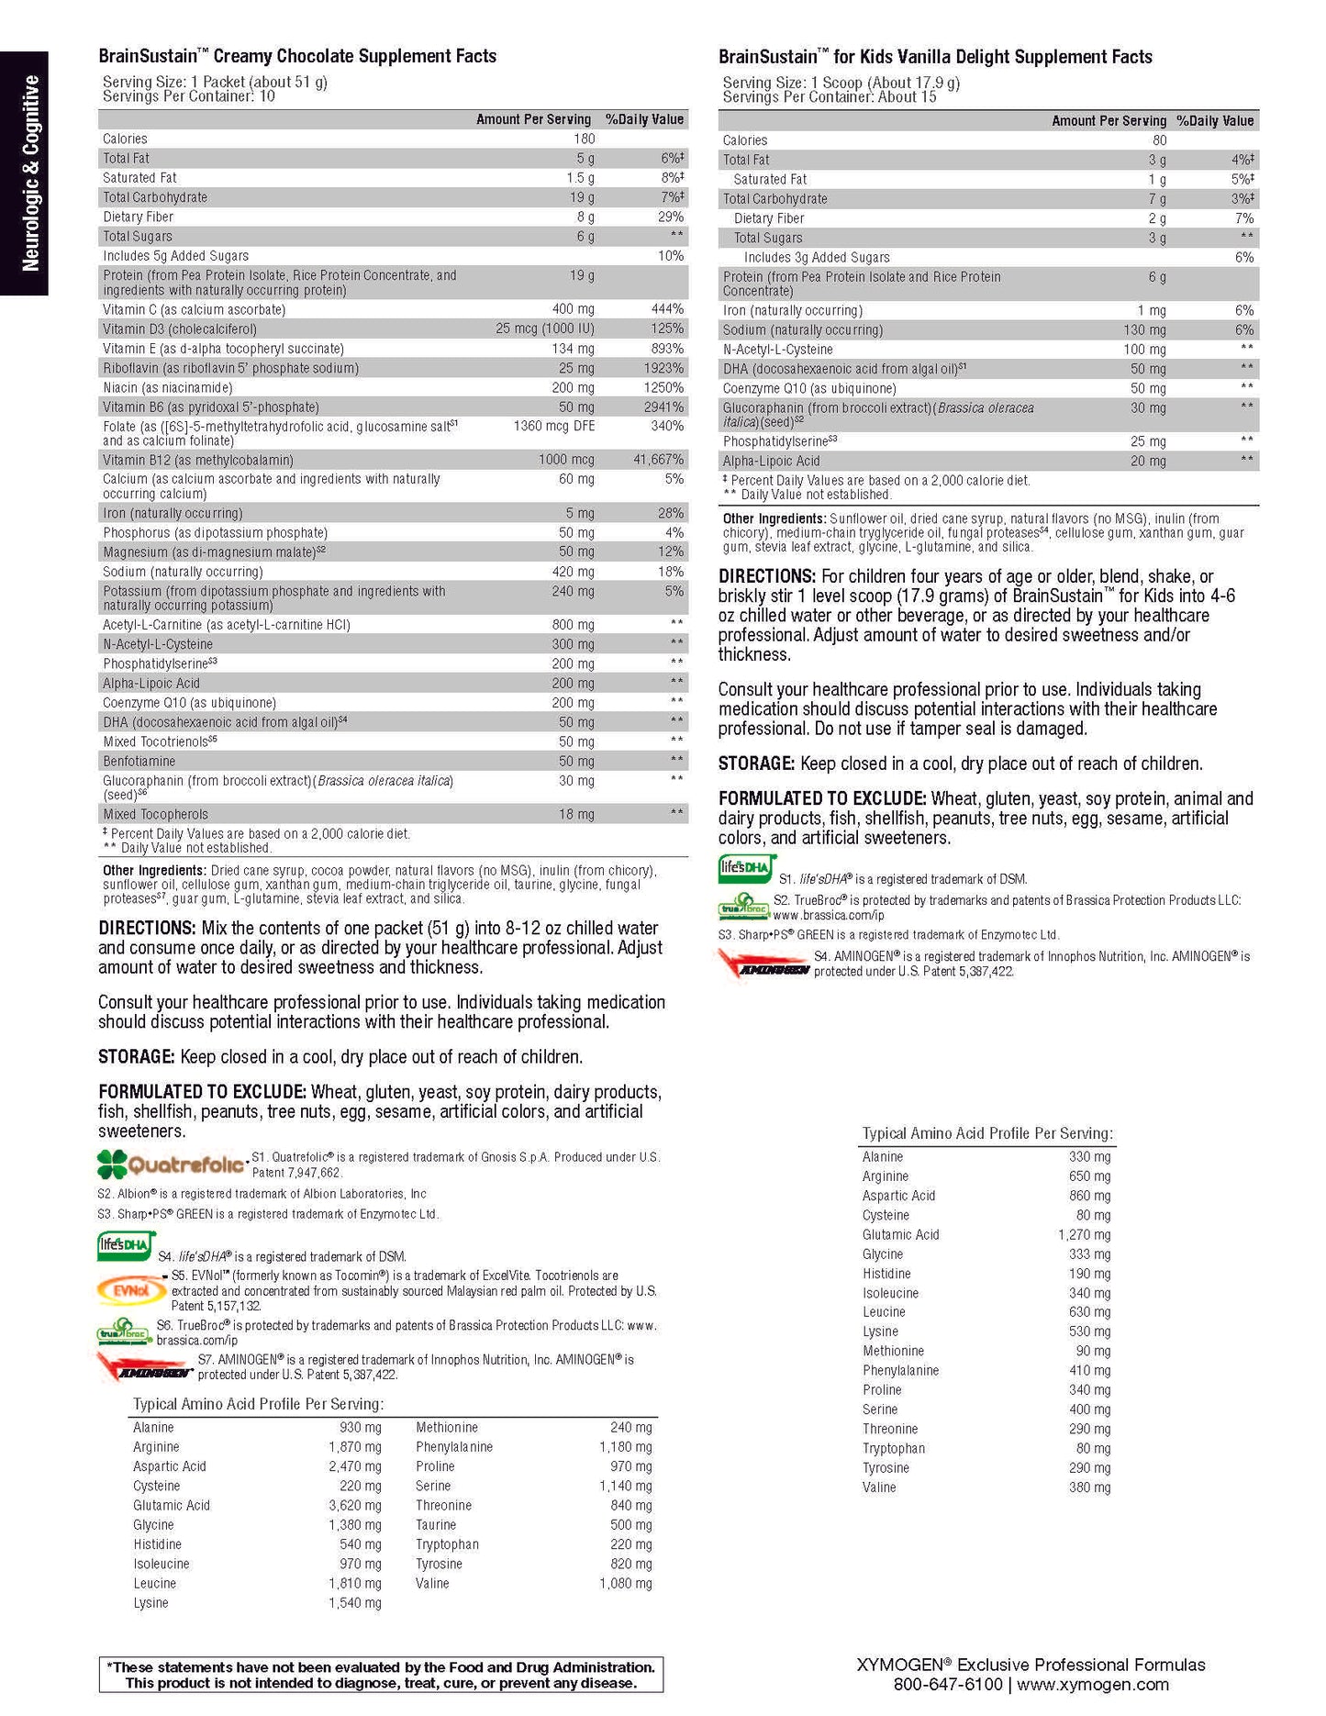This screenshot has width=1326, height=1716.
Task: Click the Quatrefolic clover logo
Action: (x=172, y=1164)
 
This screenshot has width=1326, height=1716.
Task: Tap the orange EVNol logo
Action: (x=132, y=1290)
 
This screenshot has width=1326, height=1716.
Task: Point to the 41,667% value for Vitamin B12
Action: (x=658, y=460)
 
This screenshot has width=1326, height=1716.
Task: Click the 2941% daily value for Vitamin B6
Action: (x=663, y=407)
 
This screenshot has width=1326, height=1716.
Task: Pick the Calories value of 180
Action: (x=584, y=139)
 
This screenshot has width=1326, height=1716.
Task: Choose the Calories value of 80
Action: (x=1159, y=140)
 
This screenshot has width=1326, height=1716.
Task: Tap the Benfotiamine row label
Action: (x=139, y=761)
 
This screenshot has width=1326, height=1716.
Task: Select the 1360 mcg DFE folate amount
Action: (x=553, y=426)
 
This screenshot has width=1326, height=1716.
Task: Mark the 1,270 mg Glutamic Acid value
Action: (x=1084, y=1234)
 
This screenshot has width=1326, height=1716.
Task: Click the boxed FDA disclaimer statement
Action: (x=381, y=1675)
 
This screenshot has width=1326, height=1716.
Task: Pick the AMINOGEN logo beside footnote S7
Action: (x=145, y=1367)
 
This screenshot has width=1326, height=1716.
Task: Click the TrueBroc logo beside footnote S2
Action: (x=743, y=907)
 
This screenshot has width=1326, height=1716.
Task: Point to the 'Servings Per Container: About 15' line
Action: (x=829, y=97)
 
